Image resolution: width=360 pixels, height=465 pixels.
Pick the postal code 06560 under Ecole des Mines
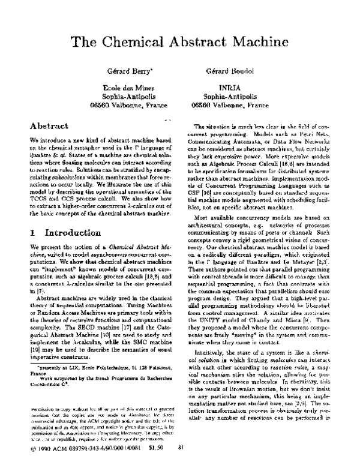100,104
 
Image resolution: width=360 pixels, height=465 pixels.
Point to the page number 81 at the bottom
181,448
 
